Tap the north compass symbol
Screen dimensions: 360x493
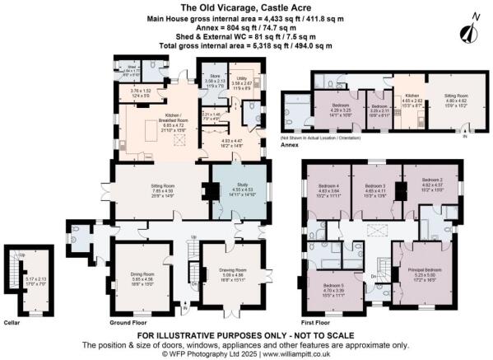470,30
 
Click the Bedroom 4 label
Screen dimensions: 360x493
329,186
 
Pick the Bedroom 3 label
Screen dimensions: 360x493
375,186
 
